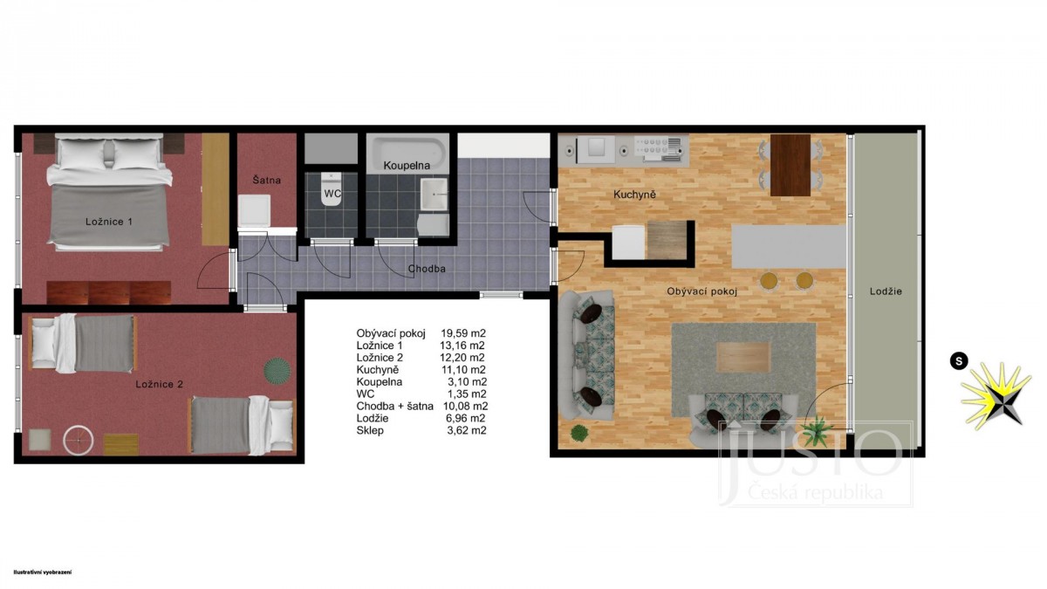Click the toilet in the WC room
tap(332, 188)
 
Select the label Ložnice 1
tap(109, 222)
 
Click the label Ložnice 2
tap(159, 384)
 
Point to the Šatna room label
tap(266, 180)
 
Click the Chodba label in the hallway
tap(427, 269)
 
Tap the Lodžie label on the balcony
tap(886, 291)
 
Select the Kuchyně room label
tap(634, 194)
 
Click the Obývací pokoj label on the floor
tap(701, 291)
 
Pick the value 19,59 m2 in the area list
tap(463, 333)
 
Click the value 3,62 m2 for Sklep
tap(467, 430)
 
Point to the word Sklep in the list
tap(370, 430)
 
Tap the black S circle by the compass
tap(959, 361)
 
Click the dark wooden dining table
tap(790, 165)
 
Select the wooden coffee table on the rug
tap(743, 357)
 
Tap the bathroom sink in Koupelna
tap(434, 194)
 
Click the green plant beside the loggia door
tap(817, 429)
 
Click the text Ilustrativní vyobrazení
tap(43, 572)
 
